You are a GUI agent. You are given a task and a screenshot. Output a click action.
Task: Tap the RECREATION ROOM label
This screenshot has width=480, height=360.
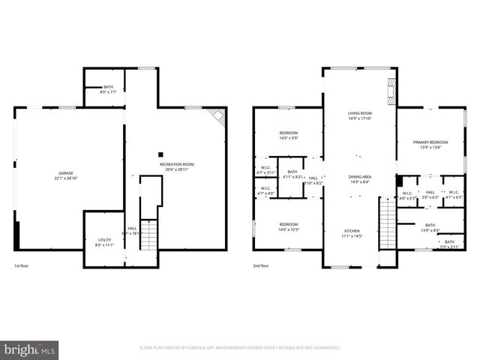tap(176, 166)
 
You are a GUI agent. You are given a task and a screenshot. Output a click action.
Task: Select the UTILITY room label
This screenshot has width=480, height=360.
tap(103, 242)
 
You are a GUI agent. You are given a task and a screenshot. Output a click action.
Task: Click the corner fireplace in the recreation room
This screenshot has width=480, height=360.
tap(218, 115)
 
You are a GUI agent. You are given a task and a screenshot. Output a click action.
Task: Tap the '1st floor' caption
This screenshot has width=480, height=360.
tap(22, 266)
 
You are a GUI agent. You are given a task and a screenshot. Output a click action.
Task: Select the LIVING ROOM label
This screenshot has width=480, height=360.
tap(359, 115)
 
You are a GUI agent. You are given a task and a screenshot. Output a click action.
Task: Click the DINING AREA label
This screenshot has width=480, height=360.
tap(359, 179)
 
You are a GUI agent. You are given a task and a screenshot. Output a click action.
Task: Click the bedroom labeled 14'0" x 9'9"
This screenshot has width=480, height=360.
tap(288, 135)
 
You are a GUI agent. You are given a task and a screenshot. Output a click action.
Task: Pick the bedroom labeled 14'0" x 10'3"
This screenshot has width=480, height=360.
tap(289, 226)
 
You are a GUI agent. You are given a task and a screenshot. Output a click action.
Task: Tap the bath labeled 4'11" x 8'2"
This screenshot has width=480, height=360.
tap(292, 174)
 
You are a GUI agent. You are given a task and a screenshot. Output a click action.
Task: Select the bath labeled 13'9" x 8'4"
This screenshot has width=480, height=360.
tap(430, 227)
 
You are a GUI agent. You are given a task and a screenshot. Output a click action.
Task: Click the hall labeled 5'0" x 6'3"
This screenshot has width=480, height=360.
tap(430, 194)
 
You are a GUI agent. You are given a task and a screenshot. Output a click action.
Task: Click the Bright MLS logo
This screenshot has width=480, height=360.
tap(29, 349)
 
